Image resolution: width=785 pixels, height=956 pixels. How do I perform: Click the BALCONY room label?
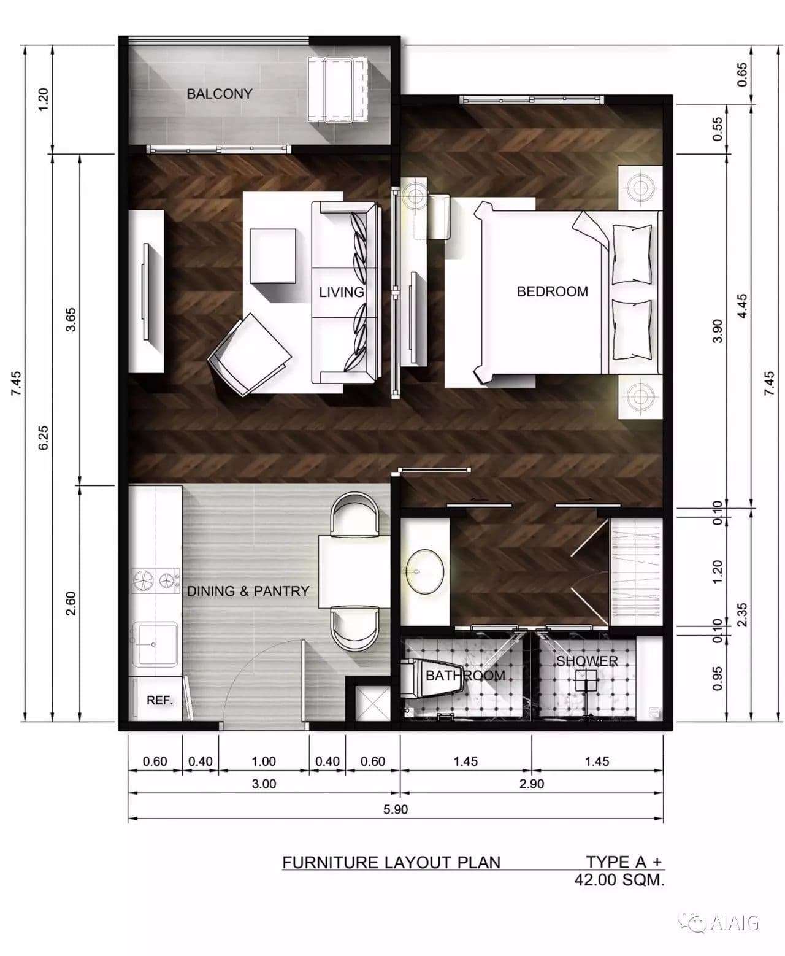[x=220, y=94]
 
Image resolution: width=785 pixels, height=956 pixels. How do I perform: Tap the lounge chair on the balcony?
[x=337, y=90]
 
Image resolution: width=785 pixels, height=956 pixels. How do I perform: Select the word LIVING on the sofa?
[x=342, y=292]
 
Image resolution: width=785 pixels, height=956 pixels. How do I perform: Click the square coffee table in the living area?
[x=273, y=256]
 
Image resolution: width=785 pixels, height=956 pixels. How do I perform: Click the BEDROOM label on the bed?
[x=552, y=291]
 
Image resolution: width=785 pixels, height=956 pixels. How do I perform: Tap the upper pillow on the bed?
[x=632, y=255]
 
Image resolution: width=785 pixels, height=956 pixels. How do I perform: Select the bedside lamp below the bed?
[x=639, y=396]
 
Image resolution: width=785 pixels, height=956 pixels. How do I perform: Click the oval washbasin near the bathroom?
[x=424, y=571]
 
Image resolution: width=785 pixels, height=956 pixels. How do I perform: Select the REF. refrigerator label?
[x=159, y=700]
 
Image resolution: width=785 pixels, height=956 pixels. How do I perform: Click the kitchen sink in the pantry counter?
[x=155, y=644]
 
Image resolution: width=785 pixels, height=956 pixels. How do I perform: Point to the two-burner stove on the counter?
[x=155, y=580]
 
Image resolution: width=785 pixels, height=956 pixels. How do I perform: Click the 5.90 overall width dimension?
[x=396, y=809]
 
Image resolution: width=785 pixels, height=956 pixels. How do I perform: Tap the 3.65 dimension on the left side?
[x=71, y=320]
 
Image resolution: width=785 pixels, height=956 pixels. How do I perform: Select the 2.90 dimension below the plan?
[x=531, y=784]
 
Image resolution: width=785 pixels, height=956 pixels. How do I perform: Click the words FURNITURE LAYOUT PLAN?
[x=391, y=862]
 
